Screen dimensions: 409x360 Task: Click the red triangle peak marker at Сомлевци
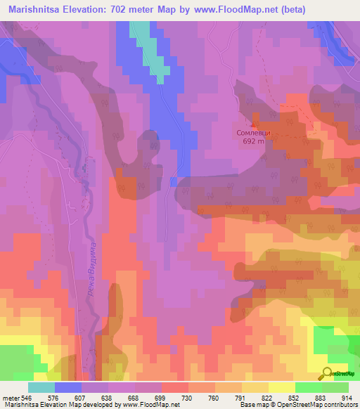254,124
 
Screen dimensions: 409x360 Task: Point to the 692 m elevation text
253,141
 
